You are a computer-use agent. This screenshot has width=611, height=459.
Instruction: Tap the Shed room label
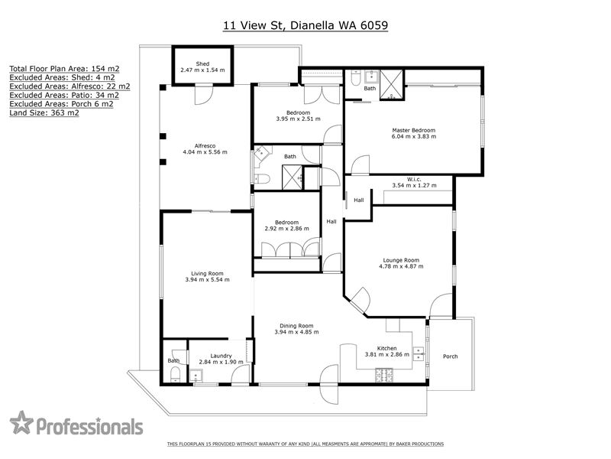pyautogui.click(x=202, y=63)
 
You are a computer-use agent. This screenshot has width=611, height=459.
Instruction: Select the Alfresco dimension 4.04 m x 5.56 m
pyautogui.click(x=205, y=152)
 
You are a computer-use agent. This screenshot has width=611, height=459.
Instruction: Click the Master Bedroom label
pyautogui.click(x=414, y=130)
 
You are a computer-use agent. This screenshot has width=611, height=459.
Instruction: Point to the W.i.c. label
pyautogui.click(x=414, y=179)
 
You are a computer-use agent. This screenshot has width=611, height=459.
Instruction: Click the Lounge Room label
pyautogui.click(x=401, y=260)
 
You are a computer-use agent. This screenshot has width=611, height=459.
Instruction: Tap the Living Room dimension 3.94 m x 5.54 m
pyautogui.click(x=207, y=280)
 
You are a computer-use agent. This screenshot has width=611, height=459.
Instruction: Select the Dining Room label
pyautogui.click(x=296, y=326)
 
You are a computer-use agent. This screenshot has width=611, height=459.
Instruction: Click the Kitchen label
pyautogui.click(x=387, y=348)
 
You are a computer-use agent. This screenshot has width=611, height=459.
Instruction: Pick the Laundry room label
pyautogui.click(x=221, y=356)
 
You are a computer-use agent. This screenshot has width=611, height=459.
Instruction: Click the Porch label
pyautogui.click(x=451, y=356)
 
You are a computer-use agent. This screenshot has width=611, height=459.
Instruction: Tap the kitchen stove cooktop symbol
pyautogui.click(x=384, y=376)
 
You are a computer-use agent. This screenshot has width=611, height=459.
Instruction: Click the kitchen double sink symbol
pyautogui.click(x=419, y=354)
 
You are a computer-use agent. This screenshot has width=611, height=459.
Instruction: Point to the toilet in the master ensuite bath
pyautogui.click(x=356, y=79)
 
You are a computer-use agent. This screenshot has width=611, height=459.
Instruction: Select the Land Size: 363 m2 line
pyautogui.click(x=44, y=113)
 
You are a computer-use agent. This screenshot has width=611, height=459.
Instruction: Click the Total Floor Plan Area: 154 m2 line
pyautogui.click(x=64, y=69)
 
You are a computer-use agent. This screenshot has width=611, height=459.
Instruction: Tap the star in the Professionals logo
pyautogui.click(x=21, y=422)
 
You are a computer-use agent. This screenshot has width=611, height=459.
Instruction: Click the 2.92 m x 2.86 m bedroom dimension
pyautogui.click(x=287, y=229)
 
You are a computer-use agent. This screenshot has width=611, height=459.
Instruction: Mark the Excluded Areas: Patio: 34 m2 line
pyautogui.click(x=64, y=95)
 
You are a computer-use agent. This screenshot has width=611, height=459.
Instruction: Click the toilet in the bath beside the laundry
pyautogui.click(x=176, y=374)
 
